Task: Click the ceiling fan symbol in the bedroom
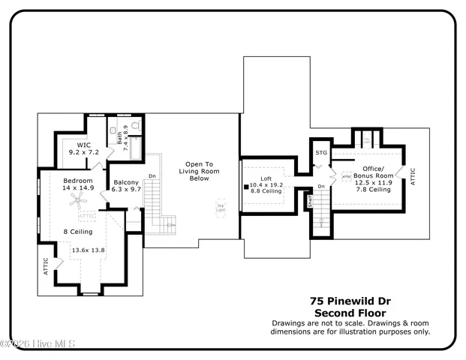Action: [x=76, y=199]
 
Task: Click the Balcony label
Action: [x=126, y=182]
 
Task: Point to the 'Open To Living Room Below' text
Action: [x=199, y=171]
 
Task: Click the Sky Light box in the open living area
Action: [x=221, y=205]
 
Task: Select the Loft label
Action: [x=265, y=178]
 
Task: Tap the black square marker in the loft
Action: [x=245, y=185]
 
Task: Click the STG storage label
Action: [x=322, y=153]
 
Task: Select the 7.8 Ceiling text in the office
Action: [x=373, y=190]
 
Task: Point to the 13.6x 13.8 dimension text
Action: [x=88, y=249]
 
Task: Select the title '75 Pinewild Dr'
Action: [x=350, y=299]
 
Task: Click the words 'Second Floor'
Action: [x=350, y=311]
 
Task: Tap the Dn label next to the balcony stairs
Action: [x=152, y=177]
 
